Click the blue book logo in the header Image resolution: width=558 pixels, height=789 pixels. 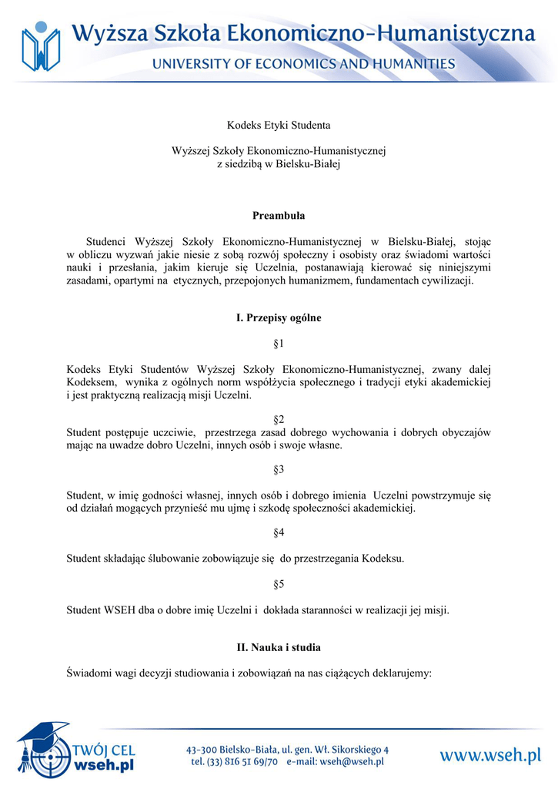[40, 47]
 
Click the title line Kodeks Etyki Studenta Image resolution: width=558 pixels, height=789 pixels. [279, 124]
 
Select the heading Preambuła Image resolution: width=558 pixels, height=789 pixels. [279, 215]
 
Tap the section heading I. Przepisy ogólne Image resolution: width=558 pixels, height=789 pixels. [279, 317]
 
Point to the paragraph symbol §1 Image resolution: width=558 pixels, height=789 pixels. [279, 342]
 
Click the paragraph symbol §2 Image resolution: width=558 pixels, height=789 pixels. [279, 419]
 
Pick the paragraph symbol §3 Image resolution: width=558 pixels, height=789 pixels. [279, 469]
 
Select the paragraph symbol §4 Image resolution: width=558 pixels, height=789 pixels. [279, 532]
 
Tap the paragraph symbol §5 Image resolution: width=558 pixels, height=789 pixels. [279, 584]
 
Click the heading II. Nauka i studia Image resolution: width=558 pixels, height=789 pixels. [279, 646]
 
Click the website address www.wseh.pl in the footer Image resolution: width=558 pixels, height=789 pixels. [490, 756]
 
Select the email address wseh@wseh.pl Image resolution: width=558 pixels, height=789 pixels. [351, 762]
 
